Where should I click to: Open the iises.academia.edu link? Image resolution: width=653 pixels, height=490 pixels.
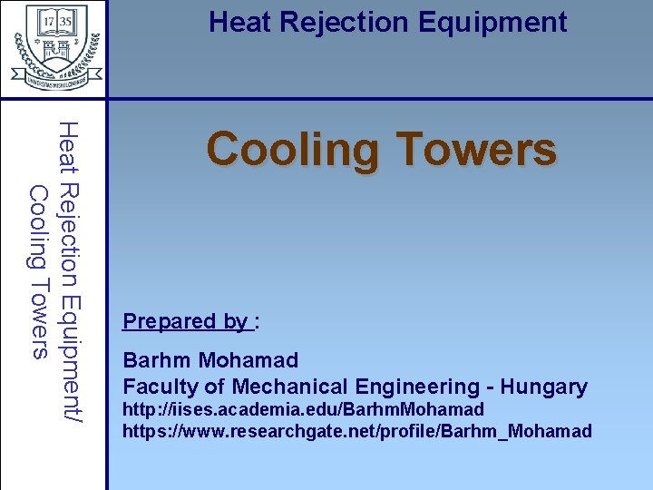click(303, 410)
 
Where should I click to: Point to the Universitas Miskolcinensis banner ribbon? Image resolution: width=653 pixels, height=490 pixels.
click(54, 79)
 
